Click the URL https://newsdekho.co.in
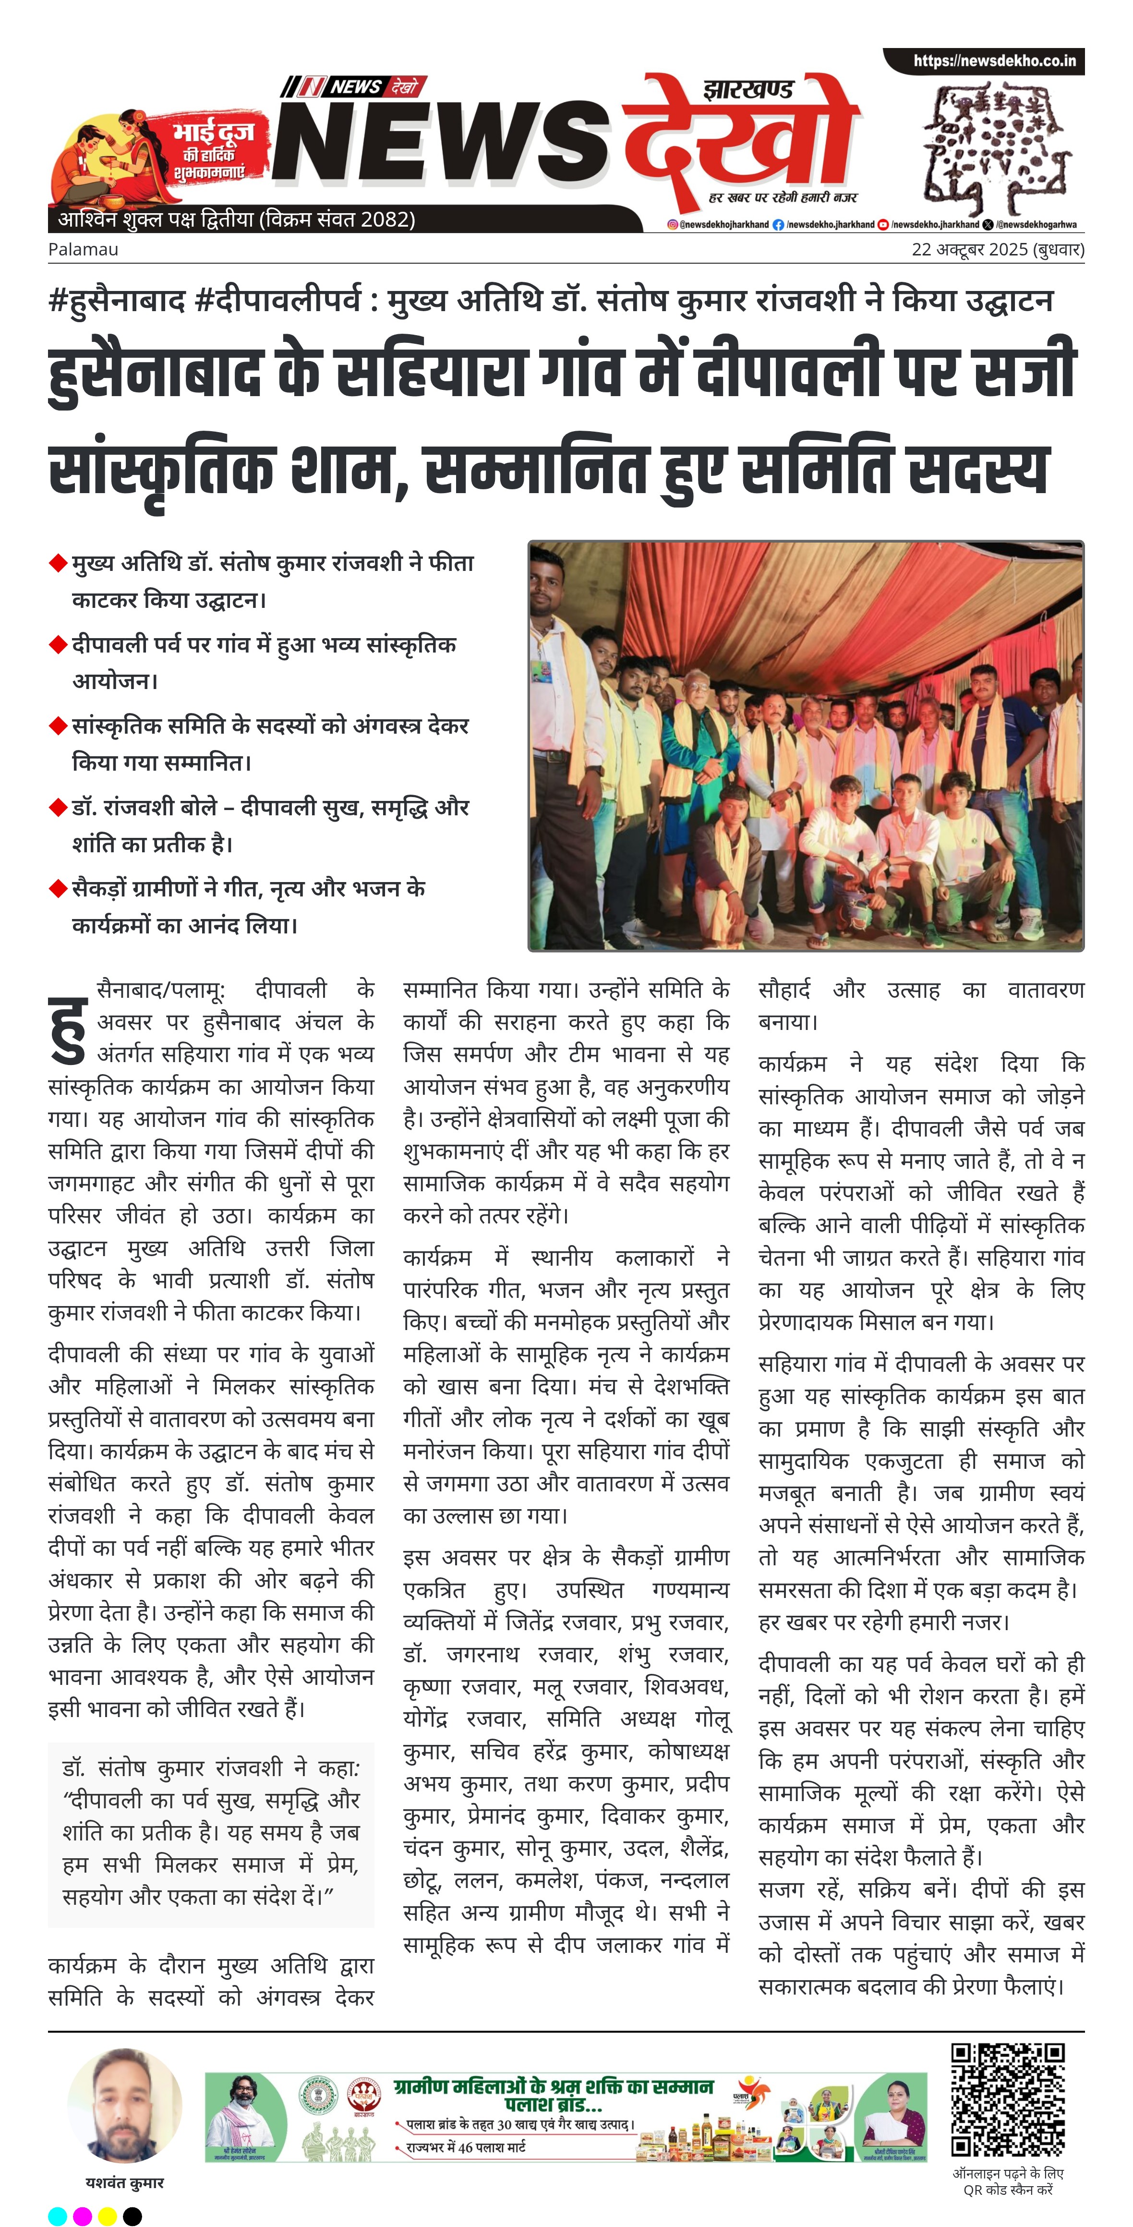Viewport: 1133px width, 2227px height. tap(994, 61)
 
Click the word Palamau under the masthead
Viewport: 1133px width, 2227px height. tap(83, 250)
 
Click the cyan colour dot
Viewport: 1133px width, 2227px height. tap(57, 2215)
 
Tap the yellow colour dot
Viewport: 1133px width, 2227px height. tap(107, 2215)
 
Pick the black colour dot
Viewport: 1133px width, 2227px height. tap(132, 2215)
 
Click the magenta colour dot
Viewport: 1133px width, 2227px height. tap(82, 2215)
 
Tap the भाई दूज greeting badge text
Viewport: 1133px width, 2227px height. tap(214, 132)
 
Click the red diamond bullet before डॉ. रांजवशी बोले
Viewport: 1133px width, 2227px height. tap(59, 808)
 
